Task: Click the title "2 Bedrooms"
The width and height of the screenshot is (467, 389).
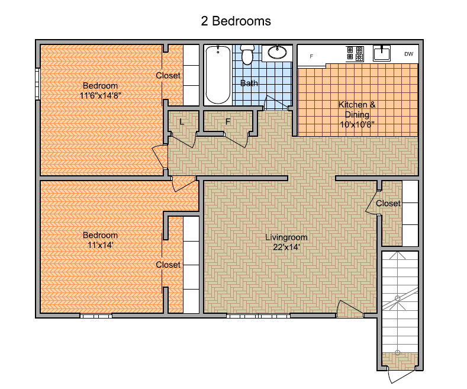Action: coord(236,21)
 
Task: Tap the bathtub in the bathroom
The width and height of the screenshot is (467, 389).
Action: coord(218,75)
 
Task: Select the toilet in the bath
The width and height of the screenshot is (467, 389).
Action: coord(247,54)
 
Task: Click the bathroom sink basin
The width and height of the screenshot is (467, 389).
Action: coord(277,53)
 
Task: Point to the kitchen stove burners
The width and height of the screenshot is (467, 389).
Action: coord(355,54)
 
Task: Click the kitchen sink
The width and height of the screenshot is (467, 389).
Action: coord(382,54)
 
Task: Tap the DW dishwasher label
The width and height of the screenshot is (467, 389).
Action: coord(408,54)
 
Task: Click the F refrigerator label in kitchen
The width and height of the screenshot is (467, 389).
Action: coord(311,56)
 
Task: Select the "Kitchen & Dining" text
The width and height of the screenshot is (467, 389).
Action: coord(357,110)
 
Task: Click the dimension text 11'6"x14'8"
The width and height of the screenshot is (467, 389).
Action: coord(101,95)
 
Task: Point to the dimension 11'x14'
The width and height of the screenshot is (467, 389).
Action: coord(101,245)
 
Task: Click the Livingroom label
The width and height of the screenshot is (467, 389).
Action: coord(286,237)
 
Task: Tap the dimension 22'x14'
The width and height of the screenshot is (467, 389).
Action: coord(286,247)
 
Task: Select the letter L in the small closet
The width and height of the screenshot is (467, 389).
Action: coord(182,122)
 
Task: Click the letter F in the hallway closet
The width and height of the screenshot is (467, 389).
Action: coord(228,121)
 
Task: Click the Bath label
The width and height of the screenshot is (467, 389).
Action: coord(249,83)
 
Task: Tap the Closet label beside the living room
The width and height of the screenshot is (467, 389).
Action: coord(388,204)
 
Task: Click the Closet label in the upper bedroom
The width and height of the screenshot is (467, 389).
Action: coord(168,76)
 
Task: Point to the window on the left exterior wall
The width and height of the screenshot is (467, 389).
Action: coord(37,84)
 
